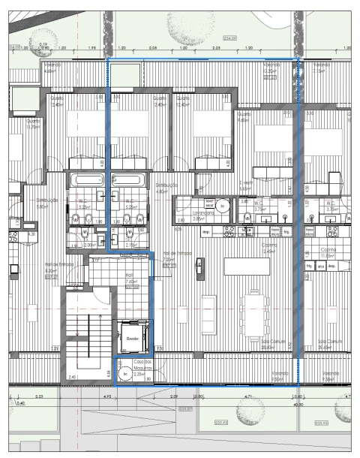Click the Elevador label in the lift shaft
point(133,339)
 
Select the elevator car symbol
point(133,335)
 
